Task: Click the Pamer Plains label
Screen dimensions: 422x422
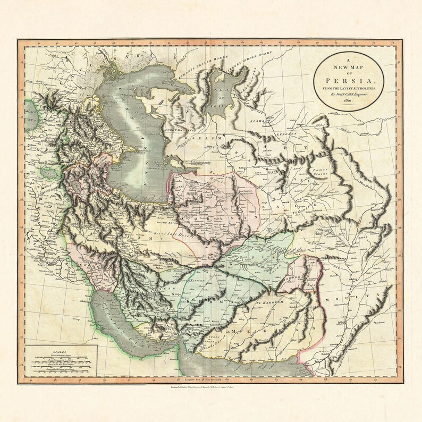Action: pyautogui.click(x=316, y=170)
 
